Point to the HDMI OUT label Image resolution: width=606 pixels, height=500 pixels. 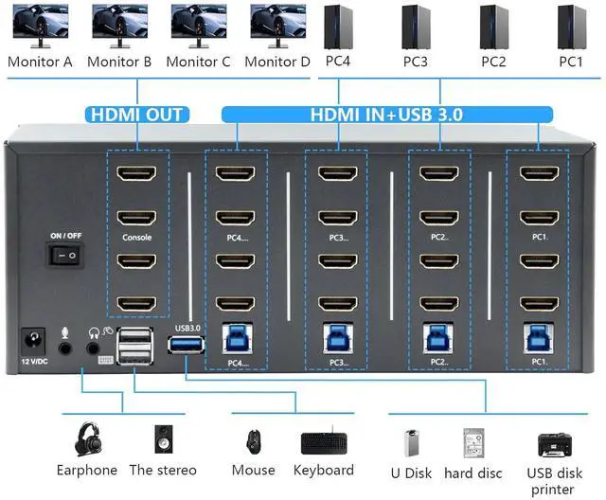[136, 116]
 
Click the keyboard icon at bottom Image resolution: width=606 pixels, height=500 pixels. [323, 443]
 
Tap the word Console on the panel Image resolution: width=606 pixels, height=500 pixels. [136, 238]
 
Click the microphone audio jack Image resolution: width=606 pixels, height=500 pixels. [65, 348]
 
